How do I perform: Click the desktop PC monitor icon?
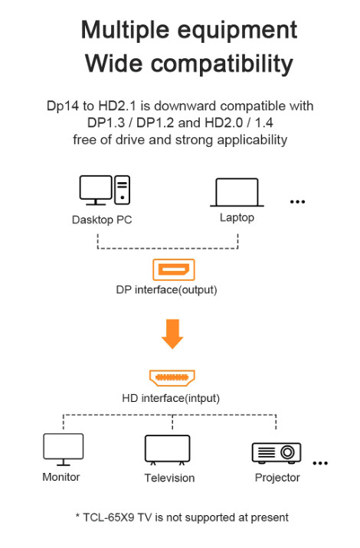pyautogui.click(x=97, y=190)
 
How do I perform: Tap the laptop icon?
pyautogui.click(x=237, y=193)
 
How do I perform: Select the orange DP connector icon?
pyautogui.click(x=174, y=270)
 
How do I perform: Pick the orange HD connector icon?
pyautogui.click(x=172, y=378)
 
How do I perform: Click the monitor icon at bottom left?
pyautogui.click(x=63, y=449)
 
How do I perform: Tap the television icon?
pyautogui.click(x=168, y=450)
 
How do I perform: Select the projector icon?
pyautogui.click(x=277, y=452)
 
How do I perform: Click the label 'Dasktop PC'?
pyautogui.click(x=103, y=219)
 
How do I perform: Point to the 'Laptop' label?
pyautogui.click(x=237, y=217)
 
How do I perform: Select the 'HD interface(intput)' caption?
pyautogui.click(x=171, y=398)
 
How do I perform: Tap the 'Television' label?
pyautogui.click(x=169, y=478)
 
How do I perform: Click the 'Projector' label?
pyautogui.click(x=277, y=478)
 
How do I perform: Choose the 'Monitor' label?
pyautogui.click(x=61, y=477)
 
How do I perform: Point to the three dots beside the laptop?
pyautogui.click(x=297, y=202)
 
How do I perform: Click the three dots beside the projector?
pyautogui.click(x=320, y=463)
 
